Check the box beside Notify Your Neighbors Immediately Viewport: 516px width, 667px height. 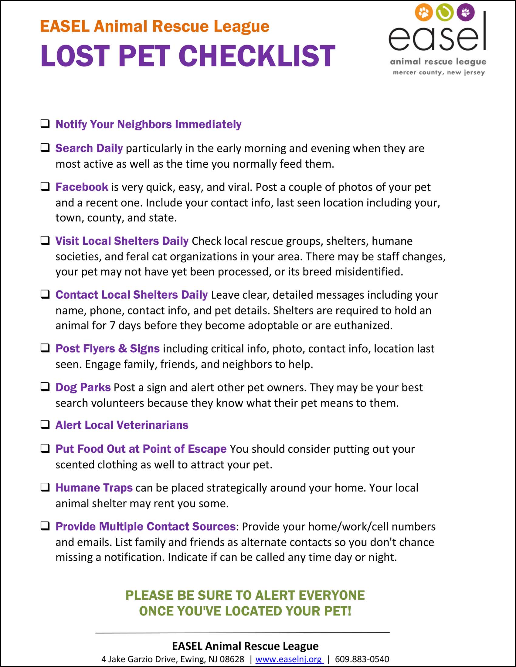45,124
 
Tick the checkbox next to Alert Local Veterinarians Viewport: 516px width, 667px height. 45,424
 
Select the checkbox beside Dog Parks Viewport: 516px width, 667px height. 45,387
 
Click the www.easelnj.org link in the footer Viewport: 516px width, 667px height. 289,659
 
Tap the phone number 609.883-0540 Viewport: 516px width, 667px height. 362,659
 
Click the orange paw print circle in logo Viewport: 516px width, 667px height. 424,12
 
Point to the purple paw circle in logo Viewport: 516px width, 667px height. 465,12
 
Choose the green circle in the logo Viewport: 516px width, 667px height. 444,12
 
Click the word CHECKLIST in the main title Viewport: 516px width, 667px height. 257,56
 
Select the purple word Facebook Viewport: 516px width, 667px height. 82,187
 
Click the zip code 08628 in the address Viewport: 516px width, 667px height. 232,659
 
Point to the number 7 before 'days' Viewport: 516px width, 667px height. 112,326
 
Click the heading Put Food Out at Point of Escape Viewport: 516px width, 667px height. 141,449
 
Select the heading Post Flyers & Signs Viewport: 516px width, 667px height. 107,348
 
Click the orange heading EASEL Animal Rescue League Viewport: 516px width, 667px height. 155,26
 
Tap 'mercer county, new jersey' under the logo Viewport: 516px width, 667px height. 439,73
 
